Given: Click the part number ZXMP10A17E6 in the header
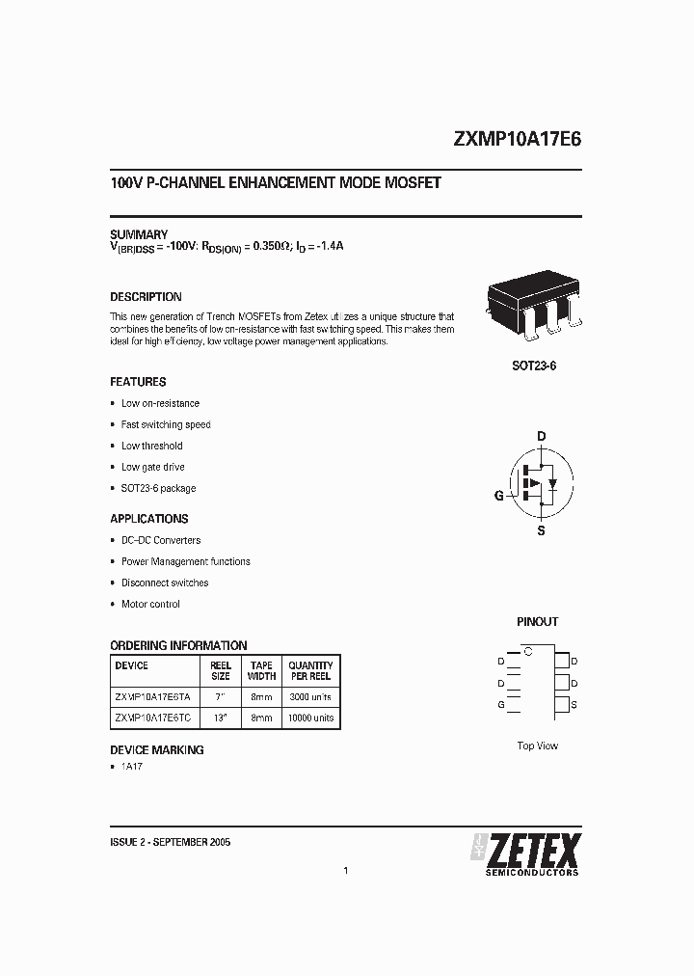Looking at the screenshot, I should coord(517,138).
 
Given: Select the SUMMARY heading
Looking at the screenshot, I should coord(139,234).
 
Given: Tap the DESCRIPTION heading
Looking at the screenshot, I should coord(146,297).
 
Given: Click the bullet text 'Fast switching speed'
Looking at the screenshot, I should coord(166,424).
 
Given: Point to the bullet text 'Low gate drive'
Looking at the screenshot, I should coord(152,467).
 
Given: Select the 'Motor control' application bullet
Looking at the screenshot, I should coord(150,604).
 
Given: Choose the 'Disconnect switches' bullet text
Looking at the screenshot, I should coord(165,583).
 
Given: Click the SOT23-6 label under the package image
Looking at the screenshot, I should coord(534,367).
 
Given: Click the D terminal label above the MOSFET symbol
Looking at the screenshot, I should coord(541,436).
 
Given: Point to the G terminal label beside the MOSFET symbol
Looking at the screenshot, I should coord(498,496).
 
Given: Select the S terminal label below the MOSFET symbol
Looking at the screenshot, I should coord(541,530).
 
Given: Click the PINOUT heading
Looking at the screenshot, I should coord(537,622).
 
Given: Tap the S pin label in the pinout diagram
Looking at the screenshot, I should coord(574,705).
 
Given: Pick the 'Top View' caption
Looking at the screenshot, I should coord(537,746).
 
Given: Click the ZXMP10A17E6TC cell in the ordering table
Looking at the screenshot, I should coord(152,718).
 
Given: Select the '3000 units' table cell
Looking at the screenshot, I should coord(310,696).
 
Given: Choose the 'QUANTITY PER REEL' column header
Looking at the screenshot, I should coord(310,670).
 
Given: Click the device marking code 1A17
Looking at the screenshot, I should coord(132,767).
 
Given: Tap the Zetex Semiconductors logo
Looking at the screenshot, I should coord(525,854).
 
